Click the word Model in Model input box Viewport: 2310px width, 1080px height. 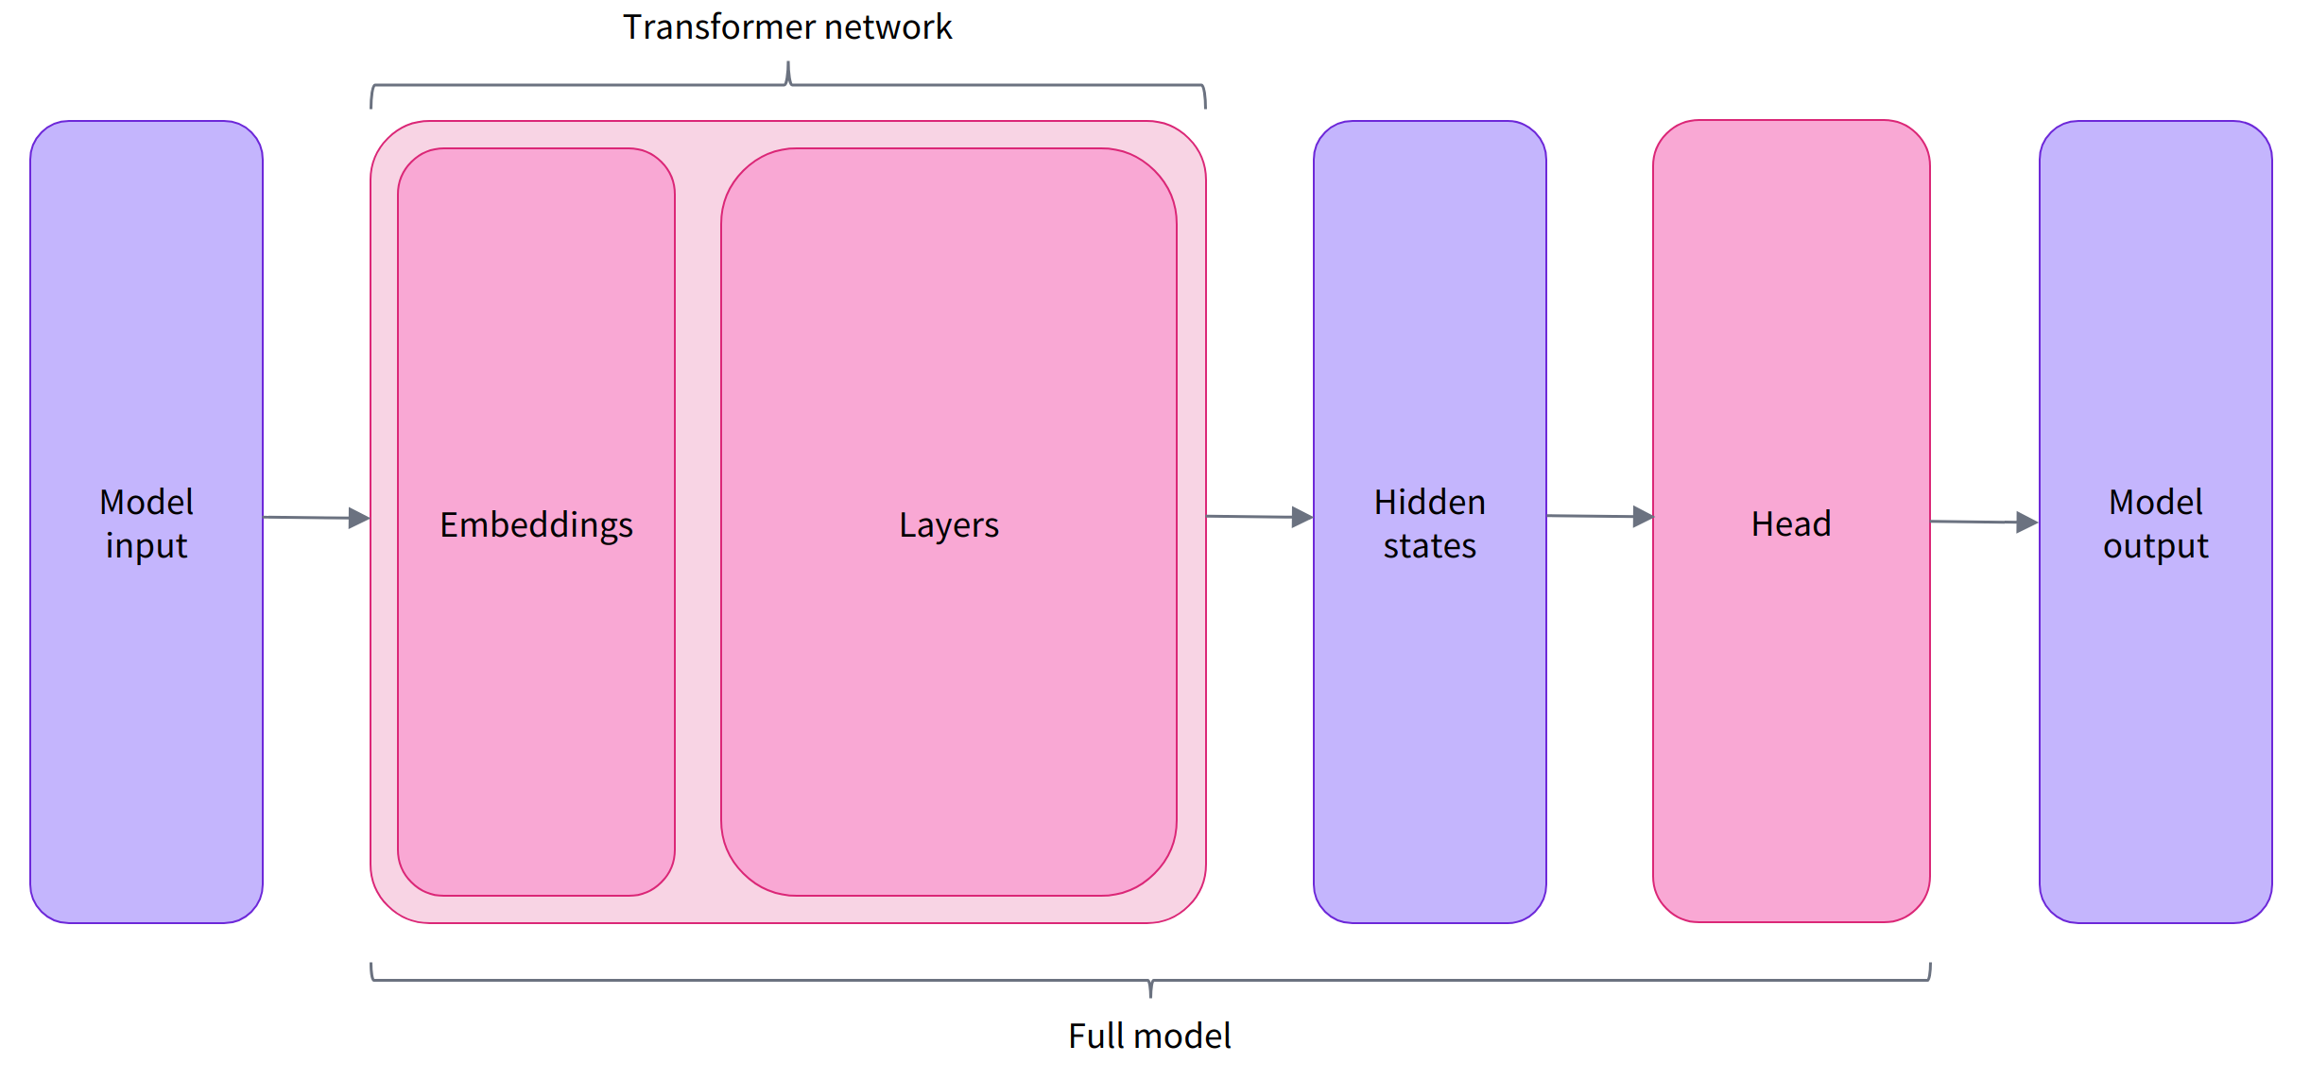147,502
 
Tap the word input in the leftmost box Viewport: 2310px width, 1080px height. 147,547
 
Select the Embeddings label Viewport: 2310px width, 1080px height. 536,525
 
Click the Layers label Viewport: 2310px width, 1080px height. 948,525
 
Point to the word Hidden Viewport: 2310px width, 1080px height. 1429,502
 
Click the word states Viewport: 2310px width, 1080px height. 1429,546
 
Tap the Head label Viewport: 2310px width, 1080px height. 1791,523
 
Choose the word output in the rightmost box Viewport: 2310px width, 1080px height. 2155,547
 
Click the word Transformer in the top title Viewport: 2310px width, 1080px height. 718,27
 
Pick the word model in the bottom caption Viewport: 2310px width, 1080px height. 1185,1037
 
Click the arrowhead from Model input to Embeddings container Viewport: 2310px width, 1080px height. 359,518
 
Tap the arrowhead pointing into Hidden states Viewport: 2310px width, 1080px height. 1302,517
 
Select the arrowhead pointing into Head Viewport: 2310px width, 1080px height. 1643,517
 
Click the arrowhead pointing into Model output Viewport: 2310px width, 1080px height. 2026,522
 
